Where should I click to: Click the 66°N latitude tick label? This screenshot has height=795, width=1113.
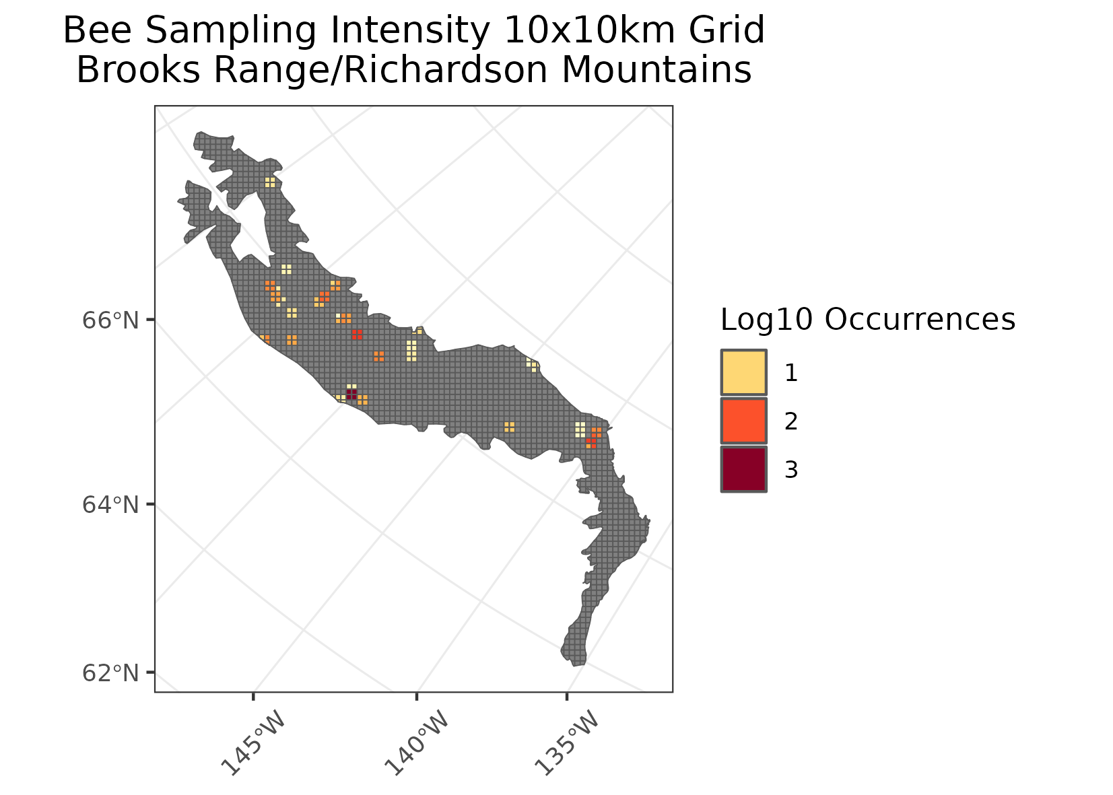point(110,320)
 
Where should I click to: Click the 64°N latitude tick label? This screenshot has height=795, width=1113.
point(110,504)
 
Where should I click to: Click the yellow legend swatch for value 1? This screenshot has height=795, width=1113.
point(743,372)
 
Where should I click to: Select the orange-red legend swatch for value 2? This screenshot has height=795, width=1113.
point(743,421)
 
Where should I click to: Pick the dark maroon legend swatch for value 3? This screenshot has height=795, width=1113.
point(743,469)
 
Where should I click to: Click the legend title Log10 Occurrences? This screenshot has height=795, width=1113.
point(867,320)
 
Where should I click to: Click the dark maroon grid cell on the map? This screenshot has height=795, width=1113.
point(351,393)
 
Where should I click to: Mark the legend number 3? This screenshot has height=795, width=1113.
point(791,470)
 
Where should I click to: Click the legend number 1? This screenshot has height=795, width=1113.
point(791,373)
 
